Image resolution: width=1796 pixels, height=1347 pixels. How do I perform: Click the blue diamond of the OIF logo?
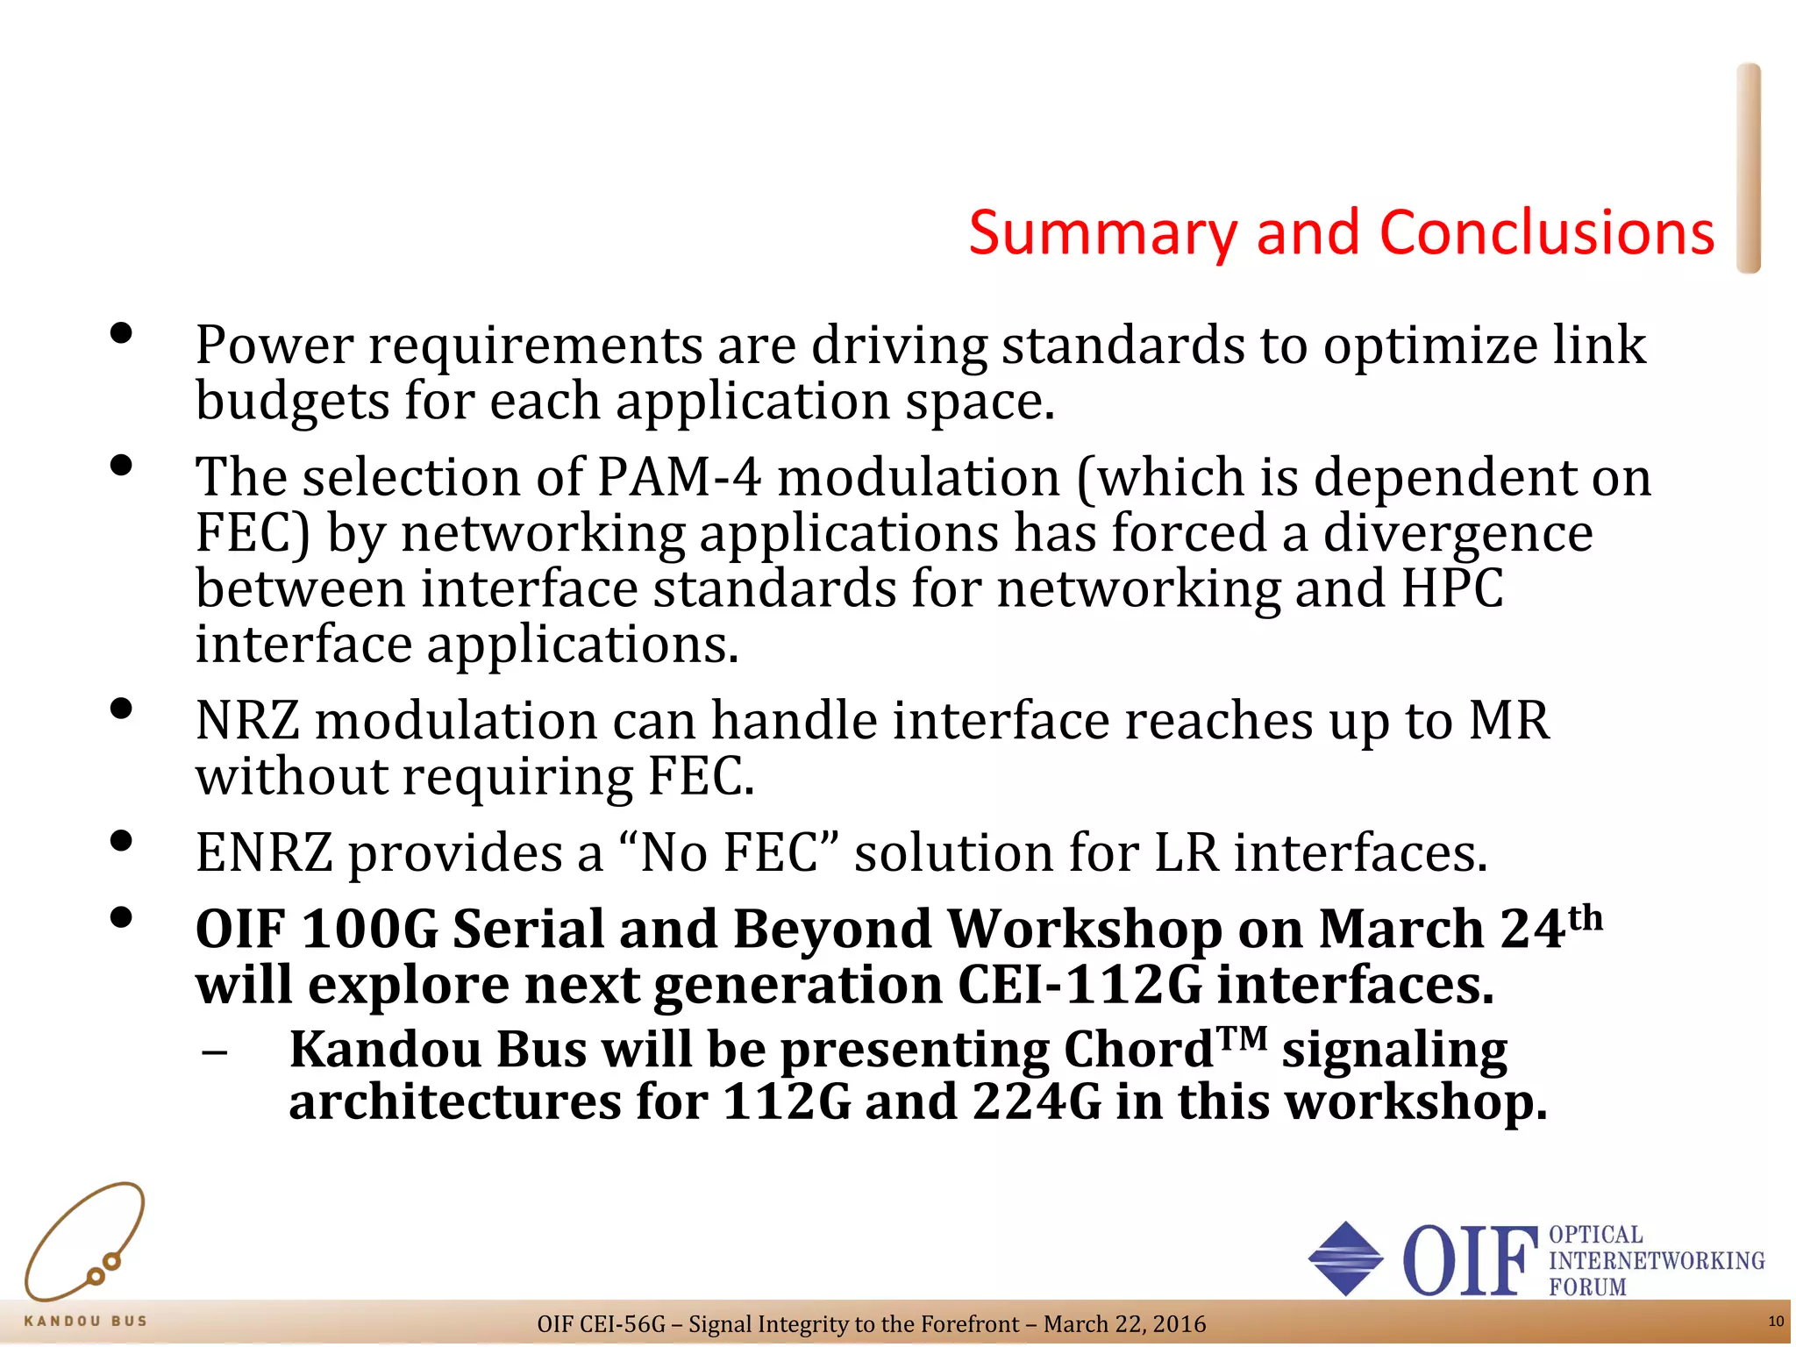point(1345,1258)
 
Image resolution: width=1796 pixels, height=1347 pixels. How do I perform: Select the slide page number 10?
point(1775,1322)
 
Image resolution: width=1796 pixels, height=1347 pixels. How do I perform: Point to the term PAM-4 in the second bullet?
point(679,478)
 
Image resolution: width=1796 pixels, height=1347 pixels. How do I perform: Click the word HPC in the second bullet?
point(1452,588)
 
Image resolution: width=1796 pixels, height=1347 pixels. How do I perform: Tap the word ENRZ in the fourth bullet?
point(264,853)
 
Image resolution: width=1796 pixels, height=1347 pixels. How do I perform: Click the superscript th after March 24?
point(1585,918)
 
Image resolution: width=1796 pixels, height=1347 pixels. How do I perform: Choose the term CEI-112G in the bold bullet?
point(1080,986)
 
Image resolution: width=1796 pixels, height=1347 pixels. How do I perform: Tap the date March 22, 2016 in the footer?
point(1124,1324)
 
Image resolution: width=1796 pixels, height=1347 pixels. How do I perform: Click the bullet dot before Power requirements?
point(121,333)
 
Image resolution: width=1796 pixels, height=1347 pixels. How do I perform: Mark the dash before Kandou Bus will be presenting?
point(214,1051)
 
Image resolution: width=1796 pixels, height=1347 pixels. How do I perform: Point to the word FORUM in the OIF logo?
point(1586,1287)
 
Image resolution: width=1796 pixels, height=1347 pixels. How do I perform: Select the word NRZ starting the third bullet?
point(247,722)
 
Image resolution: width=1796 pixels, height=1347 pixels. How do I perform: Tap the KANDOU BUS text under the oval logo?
point(85,1321)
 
